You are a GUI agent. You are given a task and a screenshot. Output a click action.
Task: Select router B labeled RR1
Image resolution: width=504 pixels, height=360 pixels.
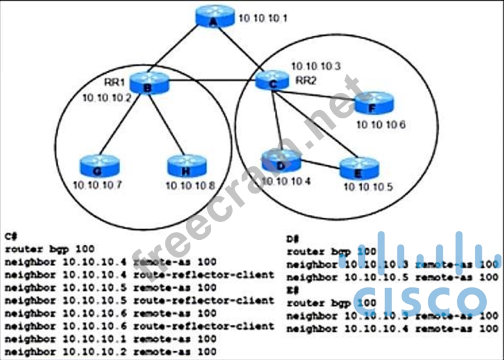click(x=149, y=84)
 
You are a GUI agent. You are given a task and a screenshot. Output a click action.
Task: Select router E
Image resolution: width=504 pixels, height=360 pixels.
click(x=359, y=168)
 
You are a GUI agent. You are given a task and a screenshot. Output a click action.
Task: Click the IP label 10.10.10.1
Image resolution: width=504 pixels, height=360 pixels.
click(x=262, y=18)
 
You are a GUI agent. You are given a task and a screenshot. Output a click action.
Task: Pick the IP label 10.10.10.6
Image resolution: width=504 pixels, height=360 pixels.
click(x=380, y=124)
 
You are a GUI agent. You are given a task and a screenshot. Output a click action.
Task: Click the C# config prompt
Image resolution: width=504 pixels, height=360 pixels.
click(x=11, y=236)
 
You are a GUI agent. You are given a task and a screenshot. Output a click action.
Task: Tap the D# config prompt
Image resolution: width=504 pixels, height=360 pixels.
click(x=292, y=239)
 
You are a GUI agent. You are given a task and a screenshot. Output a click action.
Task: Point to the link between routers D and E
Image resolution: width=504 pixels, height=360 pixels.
click(x=321, y=164)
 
